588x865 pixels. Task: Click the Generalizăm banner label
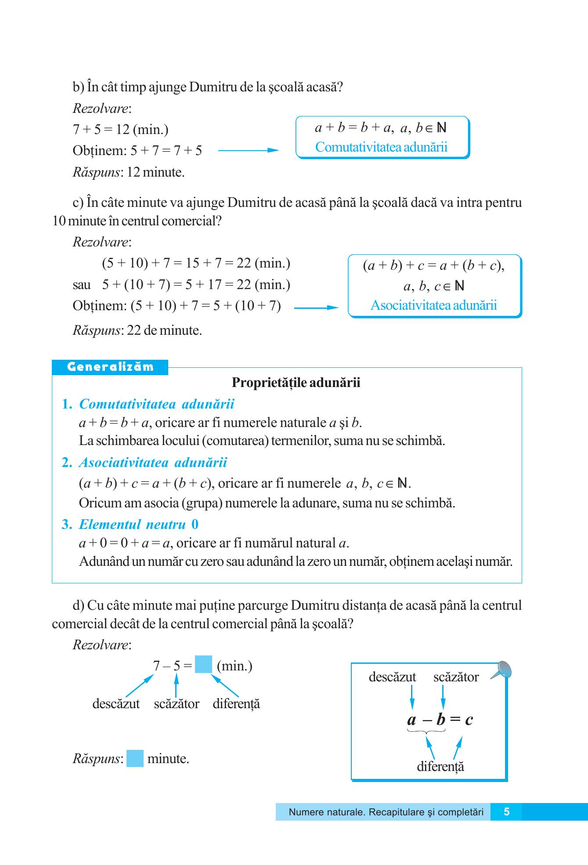110,367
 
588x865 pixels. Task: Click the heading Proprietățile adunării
296,383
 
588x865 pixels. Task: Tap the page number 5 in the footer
506,812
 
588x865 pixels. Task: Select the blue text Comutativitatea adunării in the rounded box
381,147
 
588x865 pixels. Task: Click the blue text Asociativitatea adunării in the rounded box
433,305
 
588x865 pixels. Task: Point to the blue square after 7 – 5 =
203,664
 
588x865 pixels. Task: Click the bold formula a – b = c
440,720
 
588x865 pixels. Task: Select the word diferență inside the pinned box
440,767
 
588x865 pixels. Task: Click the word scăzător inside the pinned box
456,677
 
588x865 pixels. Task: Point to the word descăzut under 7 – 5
116,704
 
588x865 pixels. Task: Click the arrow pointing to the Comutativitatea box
248,150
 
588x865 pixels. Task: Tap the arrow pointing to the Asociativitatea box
316,308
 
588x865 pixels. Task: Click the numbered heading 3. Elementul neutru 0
130,525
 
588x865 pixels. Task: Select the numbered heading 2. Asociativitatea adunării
144,463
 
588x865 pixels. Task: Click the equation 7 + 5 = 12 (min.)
121,130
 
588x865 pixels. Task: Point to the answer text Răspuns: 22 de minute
137,330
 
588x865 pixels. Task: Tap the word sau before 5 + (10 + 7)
82,285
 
